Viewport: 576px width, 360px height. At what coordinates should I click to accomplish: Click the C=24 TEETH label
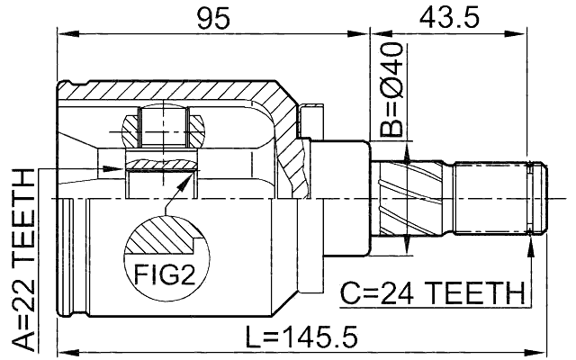pos(432,292)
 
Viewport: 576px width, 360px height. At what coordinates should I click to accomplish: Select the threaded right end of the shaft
pos(499,197)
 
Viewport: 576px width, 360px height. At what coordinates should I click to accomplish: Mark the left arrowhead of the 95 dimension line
pos(64,34)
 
